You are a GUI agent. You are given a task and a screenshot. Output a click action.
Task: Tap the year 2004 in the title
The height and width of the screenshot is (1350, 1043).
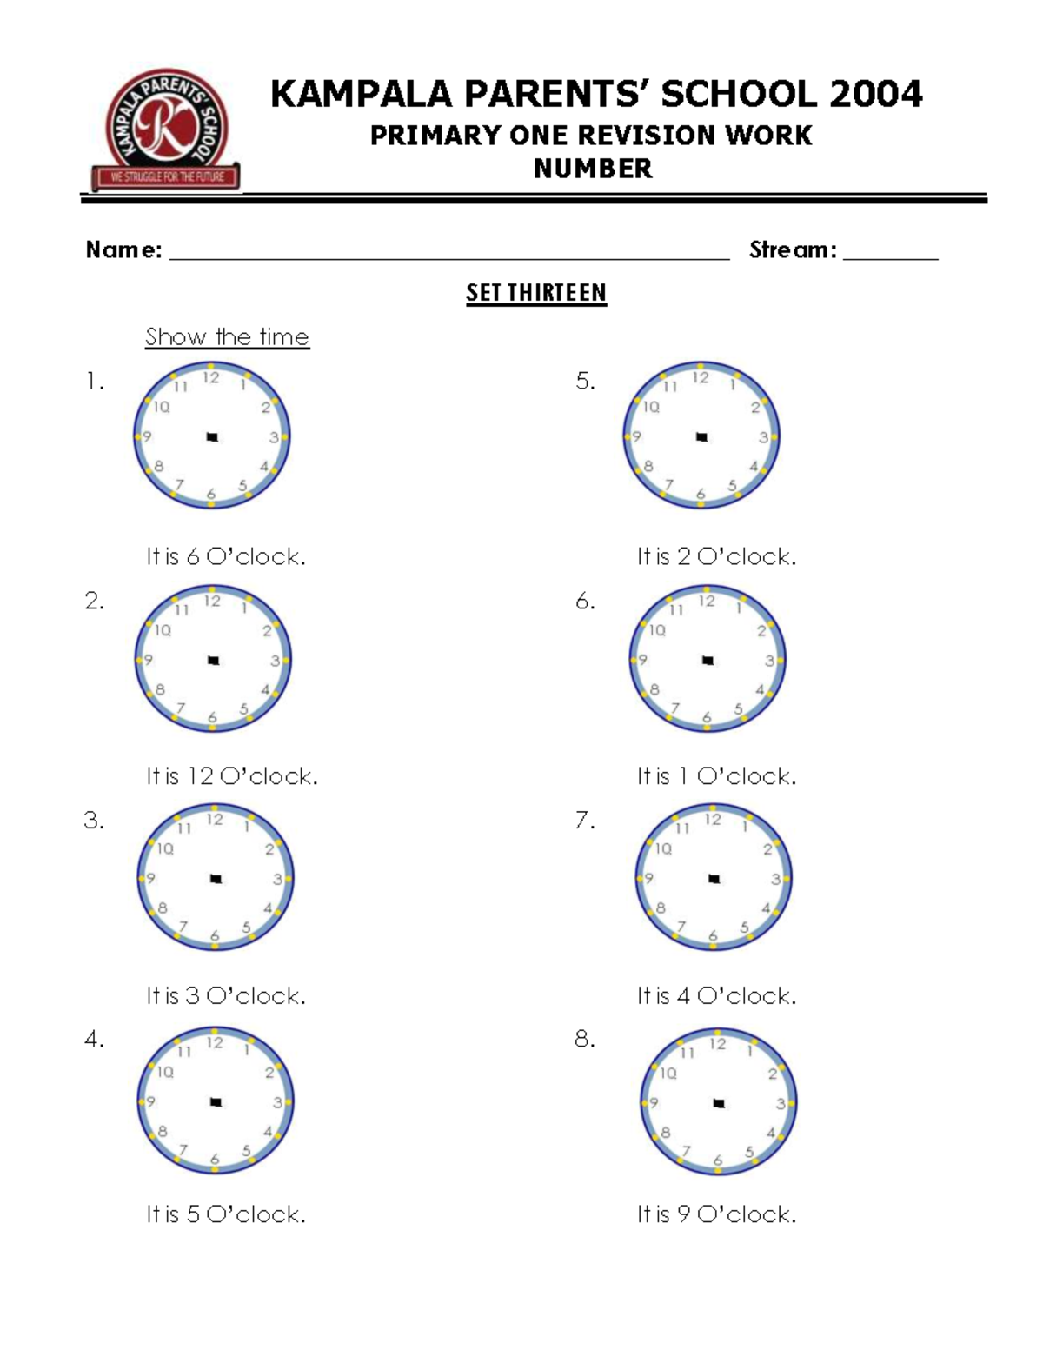coord(875,94)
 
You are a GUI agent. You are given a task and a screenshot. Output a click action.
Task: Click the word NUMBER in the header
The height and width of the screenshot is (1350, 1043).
coord(593,169)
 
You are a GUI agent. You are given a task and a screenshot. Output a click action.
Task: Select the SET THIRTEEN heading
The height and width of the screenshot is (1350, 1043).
coord(536,293)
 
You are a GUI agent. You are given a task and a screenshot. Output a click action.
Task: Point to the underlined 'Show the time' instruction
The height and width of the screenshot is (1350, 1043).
coord(227,337)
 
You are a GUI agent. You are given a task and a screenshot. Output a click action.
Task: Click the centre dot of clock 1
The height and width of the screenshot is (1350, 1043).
coord(211,436)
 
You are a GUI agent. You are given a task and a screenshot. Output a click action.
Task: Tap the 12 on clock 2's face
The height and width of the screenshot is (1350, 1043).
coord(212,602)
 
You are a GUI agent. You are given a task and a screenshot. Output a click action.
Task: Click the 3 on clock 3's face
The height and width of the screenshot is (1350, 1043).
coord(278,880)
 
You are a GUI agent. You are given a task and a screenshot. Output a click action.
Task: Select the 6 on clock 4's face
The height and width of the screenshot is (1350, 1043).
coord(215,1160)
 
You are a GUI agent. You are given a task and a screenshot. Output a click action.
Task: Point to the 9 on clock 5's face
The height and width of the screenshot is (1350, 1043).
coord(637,436)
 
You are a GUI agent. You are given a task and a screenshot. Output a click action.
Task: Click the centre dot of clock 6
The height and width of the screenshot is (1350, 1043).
coord(708,660)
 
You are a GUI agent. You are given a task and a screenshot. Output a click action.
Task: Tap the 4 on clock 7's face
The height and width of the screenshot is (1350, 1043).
coord(767,909)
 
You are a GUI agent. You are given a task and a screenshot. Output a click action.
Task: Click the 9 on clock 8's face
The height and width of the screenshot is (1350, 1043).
coord(654,1103)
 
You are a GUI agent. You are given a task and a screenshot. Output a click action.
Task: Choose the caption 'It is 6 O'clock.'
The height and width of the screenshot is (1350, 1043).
coord(226,556)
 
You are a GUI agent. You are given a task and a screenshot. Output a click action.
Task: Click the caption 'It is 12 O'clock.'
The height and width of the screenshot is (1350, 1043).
coord(232,776)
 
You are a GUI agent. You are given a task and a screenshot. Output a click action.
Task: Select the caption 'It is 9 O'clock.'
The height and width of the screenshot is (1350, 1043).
coord(716,1214)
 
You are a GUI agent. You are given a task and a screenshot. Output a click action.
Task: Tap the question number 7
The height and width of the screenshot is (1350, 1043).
coord(584,820)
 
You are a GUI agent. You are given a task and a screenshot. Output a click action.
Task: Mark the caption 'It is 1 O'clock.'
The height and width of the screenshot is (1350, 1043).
coord(716,776)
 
